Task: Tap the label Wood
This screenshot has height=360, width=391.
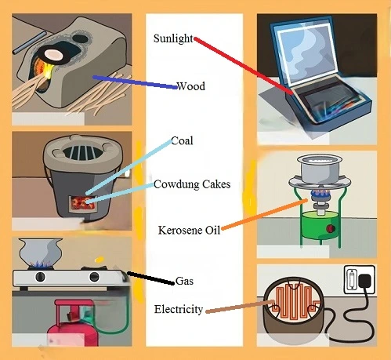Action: coord(190,86)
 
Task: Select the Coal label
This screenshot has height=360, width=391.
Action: coord(182,141)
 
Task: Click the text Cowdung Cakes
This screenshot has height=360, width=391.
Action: coord(193,184)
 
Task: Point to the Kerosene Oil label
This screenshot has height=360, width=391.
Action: coord(189,229)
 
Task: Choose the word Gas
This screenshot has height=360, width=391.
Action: coord(185,280)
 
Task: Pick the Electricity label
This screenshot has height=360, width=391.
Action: coord(179,310)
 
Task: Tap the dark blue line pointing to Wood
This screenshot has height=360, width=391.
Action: coord(133,82)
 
